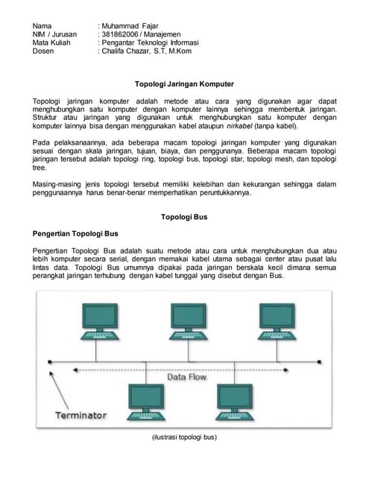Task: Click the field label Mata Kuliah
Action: (51, 43)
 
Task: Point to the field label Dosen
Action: (43, 51)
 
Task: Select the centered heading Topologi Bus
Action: (183, 217)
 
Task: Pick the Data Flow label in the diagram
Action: (187, 377)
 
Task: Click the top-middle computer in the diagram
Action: (186, 320)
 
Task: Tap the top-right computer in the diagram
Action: (279, 320)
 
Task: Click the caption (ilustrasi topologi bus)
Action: (183, 437)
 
